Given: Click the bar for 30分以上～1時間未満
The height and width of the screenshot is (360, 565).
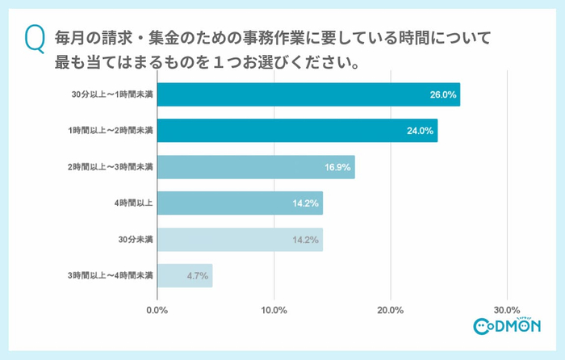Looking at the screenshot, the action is pos(308,94).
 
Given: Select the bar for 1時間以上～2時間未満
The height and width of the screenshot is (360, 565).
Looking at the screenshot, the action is pos(297,131).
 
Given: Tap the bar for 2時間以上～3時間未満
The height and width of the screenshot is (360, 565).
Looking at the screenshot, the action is pos(256,167).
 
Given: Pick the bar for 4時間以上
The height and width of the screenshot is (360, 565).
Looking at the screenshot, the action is pos(240,203).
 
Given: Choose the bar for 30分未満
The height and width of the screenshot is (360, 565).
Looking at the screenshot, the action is pos(240,240).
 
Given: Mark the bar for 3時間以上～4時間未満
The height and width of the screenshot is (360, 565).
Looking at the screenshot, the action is pos(185,276).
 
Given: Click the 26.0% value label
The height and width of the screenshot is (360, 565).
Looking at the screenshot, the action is pos(443,94).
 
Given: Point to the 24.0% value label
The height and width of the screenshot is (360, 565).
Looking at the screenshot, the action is pos(421,131).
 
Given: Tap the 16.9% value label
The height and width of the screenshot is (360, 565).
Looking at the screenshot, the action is pos(337,167).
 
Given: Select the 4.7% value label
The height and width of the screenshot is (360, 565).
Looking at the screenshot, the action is pos(198,276).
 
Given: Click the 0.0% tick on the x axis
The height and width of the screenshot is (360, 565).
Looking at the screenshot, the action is pos(157,310).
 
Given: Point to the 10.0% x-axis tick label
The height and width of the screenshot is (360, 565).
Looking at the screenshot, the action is pos(274,310).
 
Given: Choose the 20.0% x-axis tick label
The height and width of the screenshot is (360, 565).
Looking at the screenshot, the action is pos(391,310).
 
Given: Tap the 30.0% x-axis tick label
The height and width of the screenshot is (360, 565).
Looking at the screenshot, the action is pos(507,310).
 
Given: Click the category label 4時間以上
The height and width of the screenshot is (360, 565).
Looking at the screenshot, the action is pos(134,203).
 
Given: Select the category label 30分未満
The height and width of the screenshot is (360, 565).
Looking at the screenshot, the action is pos(136,240).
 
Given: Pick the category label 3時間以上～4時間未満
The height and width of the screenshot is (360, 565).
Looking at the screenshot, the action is pos(111,276).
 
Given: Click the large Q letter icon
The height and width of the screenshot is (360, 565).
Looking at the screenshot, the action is pos(35,39).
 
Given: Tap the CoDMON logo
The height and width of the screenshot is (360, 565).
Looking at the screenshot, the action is pos(507,326).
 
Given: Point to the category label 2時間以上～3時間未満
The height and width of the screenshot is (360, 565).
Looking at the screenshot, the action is pos(111,167).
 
